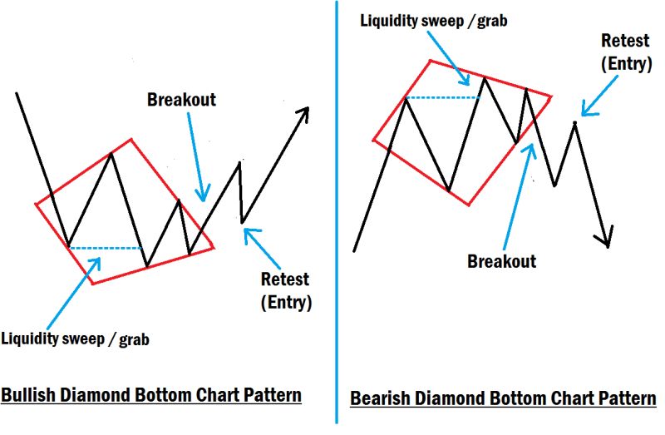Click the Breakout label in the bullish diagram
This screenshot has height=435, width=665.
click(x=181, y=100)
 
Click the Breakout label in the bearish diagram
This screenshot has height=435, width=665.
click(x=501, y=260)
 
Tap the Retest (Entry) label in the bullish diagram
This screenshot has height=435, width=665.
click(x=285, y=290)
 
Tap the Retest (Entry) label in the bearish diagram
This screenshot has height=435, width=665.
click(x=625, y=51)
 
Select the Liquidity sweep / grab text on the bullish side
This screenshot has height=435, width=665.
click(x=76, y=339)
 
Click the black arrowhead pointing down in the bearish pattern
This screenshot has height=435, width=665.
click(x=607, y=238)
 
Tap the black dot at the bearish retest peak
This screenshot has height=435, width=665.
click(x=574, y=123)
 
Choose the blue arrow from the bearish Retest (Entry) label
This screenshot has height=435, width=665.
click(x=601, y=94)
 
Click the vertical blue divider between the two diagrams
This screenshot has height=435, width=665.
click(x=337, y=216)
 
